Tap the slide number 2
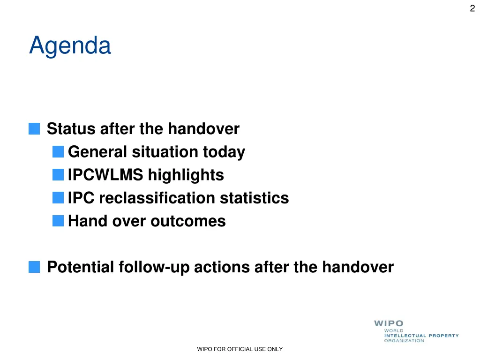(x=472, y=8)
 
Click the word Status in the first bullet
(x=71, y=128)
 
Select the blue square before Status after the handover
(x=34, y=128)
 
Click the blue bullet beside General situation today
(x=58, y=152)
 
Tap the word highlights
(x=186, y=175)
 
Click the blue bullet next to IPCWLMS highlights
(x=58, y=175)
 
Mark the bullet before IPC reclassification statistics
(x=58, y=198)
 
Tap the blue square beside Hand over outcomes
(x=58, y=221)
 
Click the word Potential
(x=81, y=267)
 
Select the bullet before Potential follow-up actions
(x=34, y=267)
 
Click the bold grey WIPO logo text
(x=389, y=323)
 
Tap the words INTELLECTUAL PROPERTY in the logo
(x=421, y=336)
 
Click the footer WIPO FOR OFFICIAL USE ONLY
(x=240, y=349)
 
